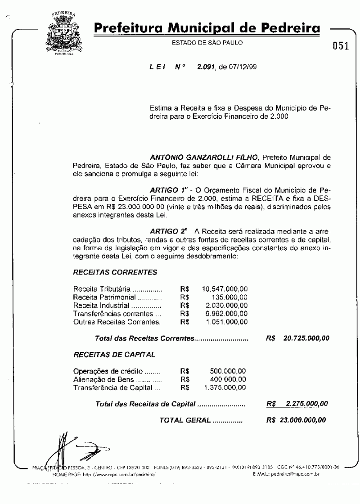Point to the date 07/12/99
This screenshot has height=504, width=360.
click(x=243, y=67)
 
